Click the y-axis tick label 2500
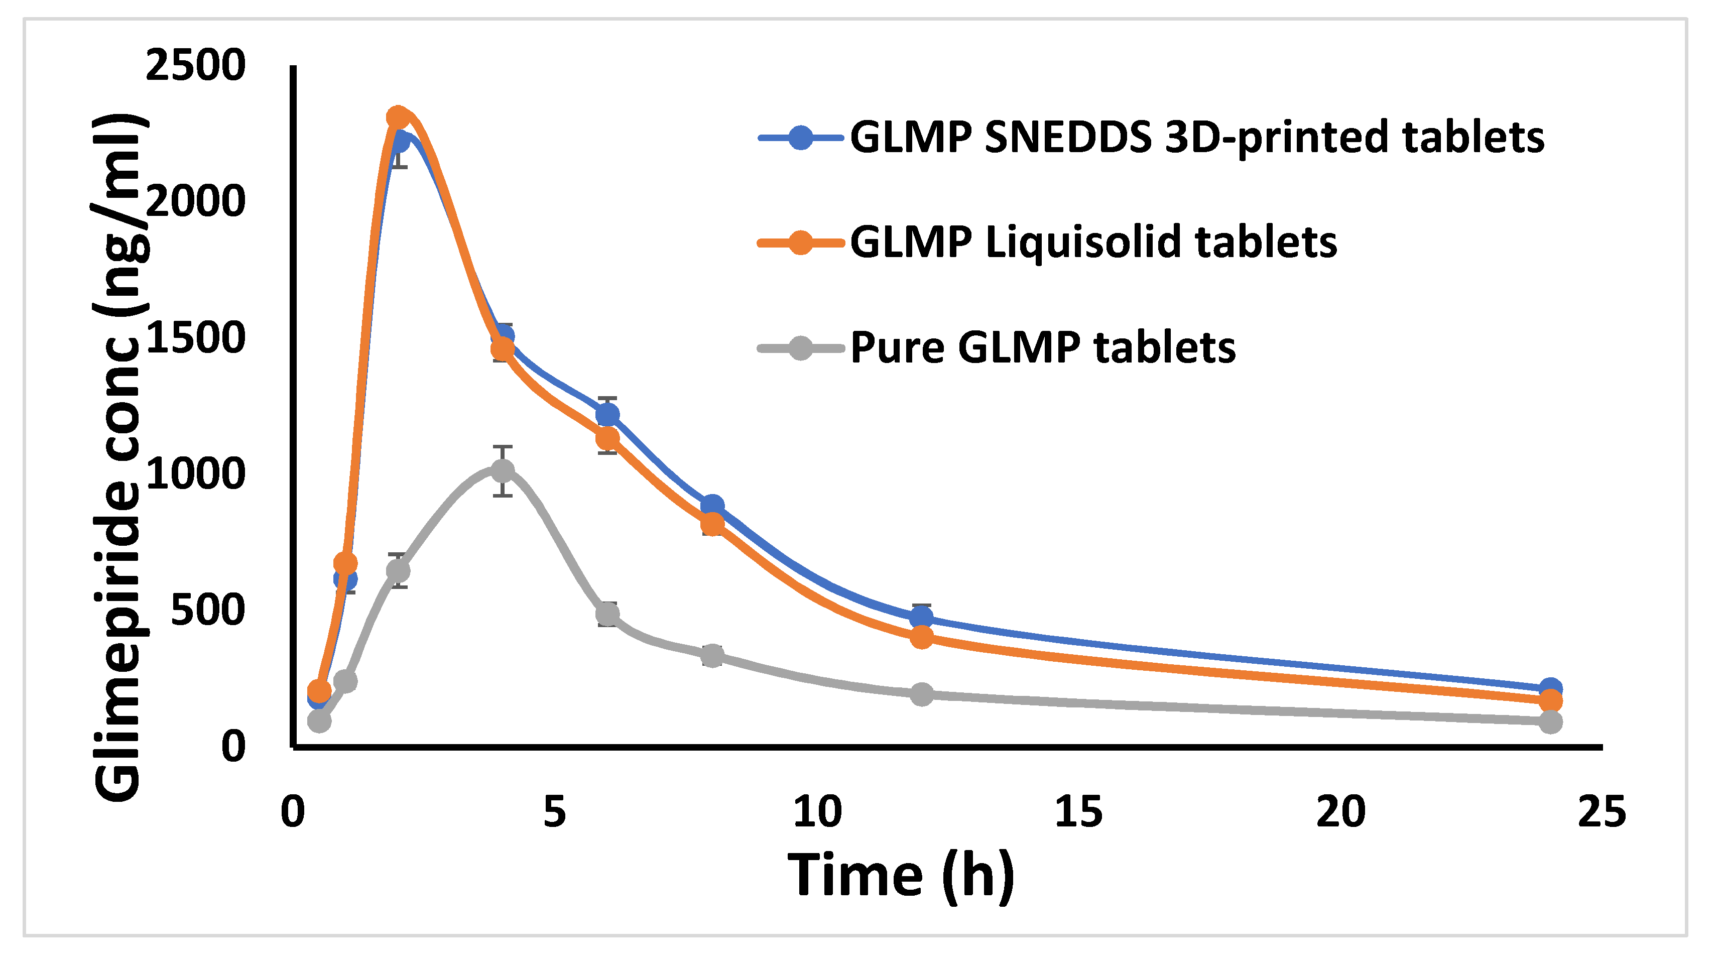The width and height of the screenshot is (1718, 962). (195, 66)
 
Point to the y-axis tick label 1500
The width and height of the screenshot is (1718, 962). (195, 338)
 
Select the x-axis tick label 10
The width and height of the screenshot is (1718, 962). (817, 812)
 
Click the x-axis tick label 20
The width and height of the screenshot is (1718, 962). (1340, 812)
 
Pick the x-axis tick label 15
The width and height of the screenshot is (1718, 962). (1078, 812)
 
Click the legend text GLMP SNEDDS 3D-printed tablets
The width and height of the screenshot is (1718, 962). (1197, 138)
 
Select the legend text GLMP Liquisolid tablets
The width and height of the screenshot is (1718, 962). (1094, 242)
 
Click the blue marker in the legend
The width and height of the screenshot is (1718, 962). (800, 138)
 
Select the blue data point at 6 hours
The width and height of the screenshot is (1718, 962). (607, 415)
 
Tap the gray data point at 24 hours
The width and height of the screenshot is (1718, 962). (1551, 721)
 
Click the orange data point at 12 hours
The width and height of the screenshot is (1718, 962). (922, 637)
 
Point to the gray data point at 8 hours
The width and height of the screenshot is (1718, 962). (712, 656)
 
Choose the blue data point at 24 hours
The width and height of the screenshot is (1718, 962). (1551, 688)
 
